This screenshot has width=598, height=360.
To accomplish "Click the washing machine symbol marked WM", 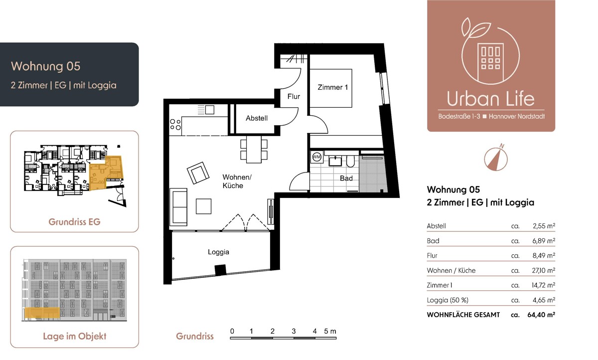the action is click(316, 157).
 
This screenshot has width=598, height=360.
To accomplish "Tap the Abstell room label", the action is click(257, 118).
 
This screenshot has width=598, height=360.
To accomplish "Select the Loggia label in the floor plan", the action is click(218, 252).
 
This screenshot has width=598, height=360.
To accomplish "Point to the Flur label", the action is click(294, 96).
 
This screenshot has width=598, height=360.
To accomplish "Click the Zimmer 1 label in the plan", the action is click(333, 87).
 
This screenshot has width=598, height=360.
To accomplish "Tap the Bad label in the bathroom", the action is click(346, 178).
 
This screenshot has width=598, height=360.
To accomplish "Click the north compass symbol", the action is click(496, 159).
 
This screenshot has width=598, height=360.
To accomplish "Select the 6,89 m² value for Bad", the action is click(544, 241).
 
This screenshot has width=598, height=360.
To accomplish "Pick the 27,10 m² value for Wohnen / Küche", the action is click(544, 271).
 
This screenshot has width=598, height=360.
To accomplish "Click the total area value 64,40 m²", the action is click(541, 315).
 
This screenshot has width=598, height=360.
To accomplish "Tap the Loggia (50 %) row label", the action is click(448, 300).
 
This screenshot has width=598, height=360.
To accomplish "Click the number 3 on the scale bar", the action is click(294, 331).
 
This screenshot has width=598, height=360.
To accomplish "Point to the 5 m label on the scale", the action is click(330, 331).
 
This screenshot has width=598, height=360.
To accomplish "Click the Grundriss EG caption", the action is click(74, 222).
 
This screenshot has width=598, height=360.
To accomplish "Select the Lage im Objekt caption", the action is click(74, 336).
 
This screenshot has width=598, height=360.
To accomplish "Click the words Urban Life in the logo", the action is click(491, 99).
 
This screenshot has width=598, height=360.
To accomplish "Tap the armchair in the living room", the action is click(198, 173).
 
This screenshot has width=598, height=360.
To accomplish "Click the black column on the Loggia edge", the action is click(220, 270).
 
